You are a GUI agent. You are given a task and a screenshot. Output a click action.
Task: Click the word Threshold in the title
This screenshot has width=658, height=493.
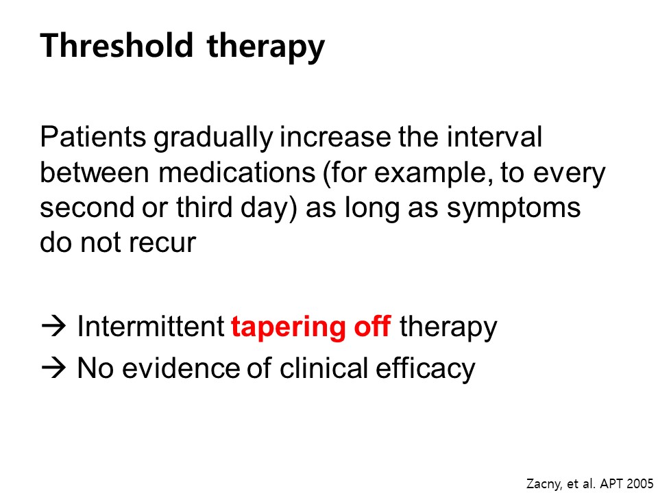tap(117, 45)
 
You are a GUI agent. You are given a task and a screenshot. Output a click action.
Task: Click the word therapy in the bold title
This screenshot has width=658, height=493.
tap(266, 48)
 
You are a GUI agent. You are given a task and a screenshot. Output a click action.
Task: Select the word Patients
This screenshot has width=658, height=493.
tap(93, 137)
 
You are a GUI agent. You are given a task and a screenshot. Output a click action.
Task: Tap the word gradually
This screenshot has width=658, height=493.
tap(212, 139)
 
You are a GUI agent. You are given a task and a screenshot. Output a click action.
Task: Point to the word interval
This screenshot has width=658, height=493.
tap(494, 137)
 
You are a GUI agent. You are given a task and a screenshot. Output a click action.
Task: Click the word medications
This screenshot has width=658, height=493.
tap(236, 173)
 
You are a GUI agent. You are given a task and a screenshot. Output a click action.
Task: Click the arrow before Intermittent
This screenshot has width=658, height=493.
tap(53, 327)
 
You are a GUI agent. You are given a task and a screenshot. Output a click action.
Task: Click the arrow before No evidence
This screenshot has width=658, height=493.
tap(53, 368)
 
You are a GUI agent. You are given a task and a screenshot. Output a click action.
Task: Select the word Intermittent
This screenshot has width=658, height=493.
tap(151, 326)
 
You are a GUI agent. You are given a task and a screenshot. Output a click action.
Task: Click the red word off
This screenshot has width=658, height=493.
tap(373, 326)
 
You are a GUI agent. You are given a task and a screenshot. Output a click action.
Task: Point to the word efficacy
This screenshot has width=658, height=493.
tap(425, 370)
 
